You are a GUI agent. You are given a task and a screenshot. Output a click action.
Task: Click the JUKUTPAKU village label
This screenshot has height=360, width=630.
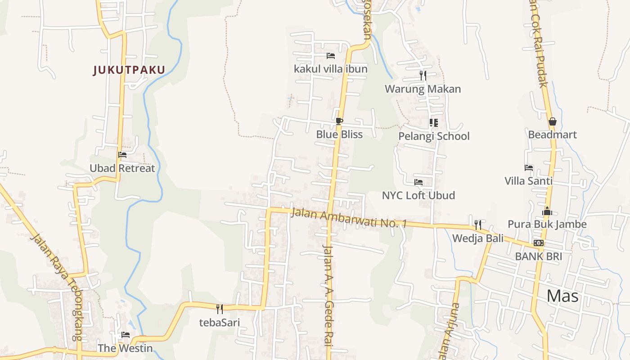tap(129, 70)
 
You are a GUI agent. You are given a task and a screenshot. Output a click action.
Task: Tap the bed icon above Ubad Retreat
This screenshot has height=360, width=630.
tap(122, 155)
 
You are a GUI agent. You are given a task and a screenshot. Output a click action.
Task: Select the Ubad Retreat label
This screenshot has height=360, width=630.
tap(122, 168)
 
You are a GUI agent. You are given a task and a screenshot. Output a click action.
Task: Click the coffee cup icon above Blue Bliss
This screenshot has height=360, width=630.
tap(339, 121)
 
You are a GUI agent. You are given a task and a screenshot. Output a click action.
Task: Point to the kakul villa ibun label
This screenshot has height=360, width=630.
tap(330, 69)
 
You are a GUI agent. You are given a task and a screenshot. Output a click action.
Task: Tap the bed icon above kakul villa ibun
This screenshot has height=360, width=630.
tap(331, 56)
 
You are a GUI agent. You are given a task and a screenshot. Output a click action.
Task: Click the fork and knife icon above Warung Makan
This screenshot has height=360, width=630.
tap(423, 75)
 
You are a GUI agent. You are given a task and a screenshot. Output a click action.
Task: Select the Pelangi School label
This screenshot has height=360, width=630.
tap(434, 136)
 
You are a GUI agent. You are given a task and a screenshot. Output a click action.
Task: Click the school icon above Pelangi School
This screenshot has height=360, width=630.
tap(434, 122)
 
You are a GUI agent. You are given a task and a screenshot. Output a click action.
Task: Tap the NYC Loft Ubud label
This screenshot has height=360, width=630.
tap(418, 195)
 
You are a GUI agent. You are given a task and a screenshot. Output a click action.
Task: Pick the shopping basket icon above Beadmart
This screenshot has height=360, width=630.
tap(552, 121)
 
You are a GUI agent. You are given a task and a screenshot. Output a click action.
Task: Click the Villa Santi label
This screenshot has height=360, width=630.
tap(528, 181)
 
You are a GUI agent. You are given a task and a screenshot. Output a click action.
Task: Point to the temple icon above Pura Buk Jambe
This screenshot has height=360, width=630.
tap(547, 211)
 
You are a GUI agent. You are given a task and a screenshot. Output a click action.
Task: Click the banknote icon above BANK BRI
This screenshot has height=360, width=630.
tap(538, 243)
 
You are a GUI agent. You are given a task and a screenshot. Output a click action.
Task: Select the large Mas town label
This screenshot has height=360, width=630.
tap(562, 296)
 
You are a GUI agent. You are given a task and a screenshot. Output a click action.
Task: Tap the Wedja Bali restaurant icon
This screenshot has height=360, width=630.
tap(478, 225)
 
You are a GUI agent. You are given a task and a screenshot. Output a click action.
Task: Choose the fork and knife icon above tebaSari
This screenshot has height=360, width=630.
tap(220, 309)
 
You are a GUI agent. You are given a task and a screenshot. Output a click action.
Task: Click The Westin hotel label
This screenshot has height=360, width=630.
tap(125, 348)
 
